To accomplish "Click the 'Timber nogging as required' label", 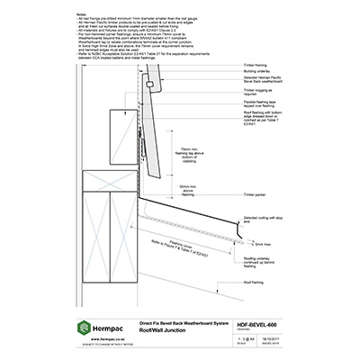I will [x=262, y=117].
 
